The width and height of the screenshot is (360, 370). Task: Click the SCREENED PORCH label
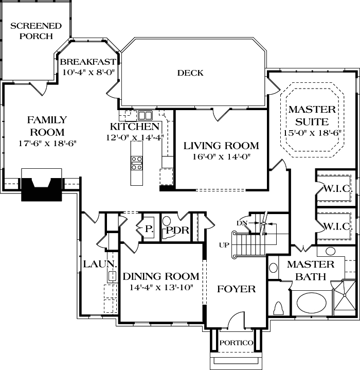tap(35, 31)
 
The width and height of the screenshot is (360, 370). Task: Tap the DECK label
tap(190, 73)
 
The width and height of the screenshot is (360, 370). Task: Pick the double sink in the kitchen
tap(146, 115)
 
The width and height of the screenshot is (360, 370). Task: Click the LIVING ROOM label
tap(221, 146)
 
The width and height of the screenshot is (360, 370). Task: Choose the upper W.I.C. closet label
tap(337, 189)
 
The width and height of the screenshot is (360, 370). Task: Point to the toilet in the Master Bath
tap(279, 307)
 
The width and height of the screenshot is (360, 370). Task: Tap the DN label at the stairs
tap(242, 223)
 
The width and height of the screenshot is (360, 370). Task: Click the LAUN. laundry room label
tap(94, 264)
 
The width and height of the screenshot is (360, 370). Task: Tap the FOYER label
tap(236, 289)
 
